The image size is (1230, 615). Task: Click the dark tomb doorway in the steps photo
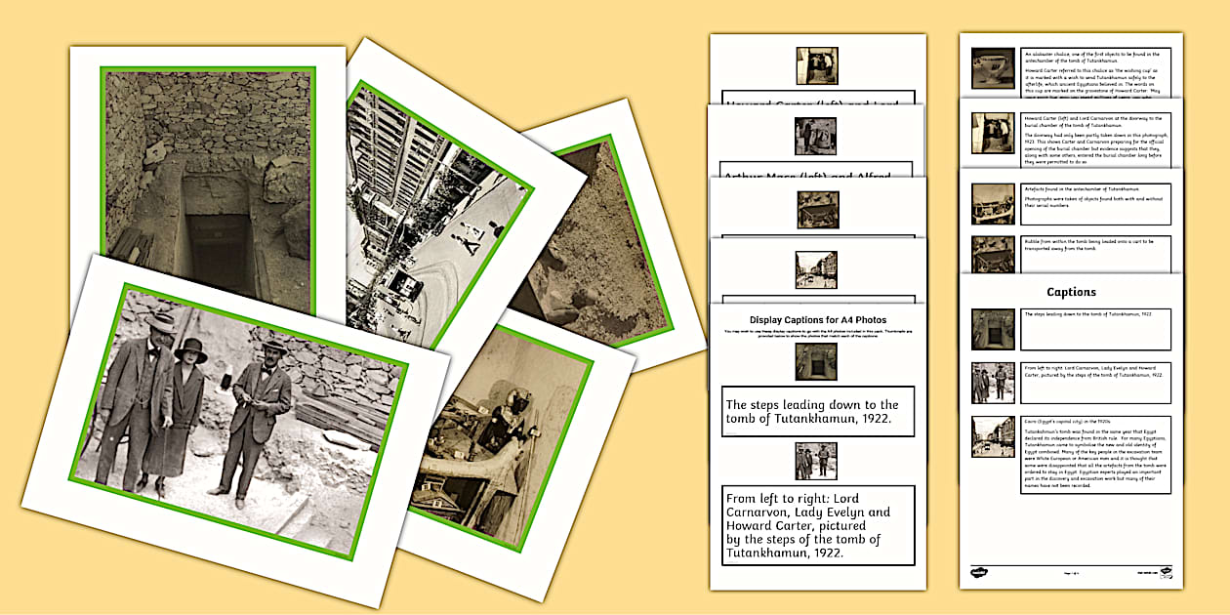[217, 249]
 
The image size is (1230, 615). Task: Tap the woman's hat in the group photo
[190, 350]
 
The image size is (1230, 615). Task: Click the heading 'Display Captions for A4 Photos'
[818, 319]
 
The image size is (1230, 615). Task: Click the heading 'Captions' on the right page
[1071, 292]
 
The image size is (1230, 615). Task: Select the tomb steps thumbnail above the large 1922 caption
[816, 361]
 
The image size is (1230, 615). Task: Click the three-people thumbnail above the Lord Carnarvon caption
[816, 461]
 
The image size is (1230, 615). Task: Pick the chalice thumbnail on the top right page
[992, 67]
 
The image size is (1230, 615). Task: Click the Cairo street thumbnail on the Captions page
[992, 436]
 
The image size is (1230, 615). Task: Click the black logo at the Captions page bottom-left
[978, 572]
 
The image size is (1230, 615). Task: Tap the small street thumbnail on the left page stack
[817, 269]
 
